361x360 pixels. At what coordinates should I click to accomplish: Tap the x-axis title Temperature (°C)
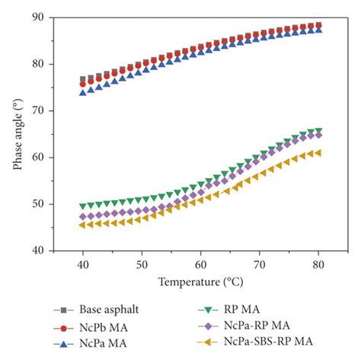200,282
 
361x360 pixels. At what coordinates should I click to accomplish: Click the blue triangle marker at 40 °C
82,92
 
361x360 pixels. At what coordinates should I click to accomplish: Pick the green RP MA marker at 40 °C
82,205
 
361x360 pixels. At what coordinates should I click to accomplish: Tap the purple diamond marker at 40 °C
82,216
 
